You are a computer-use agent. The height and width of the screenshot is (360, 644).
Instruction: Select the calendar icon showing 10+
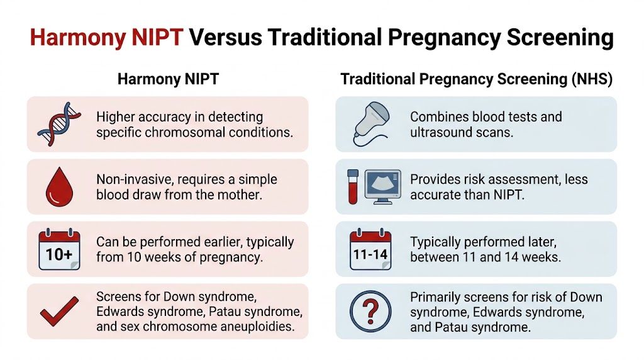59,249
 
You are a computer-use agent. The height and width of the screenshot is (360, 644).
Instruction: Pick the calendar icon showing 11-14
371,249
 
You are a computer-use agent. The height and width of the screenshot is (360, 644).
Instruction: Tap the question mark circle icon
371,312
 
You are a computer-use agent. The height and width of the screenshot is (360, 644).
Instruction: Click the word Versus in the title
225,38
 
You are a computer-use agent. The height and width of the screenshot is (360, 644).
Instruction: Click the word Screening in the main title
552,38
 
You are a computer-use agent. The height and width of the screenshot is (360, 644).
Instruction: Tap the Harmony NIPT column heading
167,80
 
